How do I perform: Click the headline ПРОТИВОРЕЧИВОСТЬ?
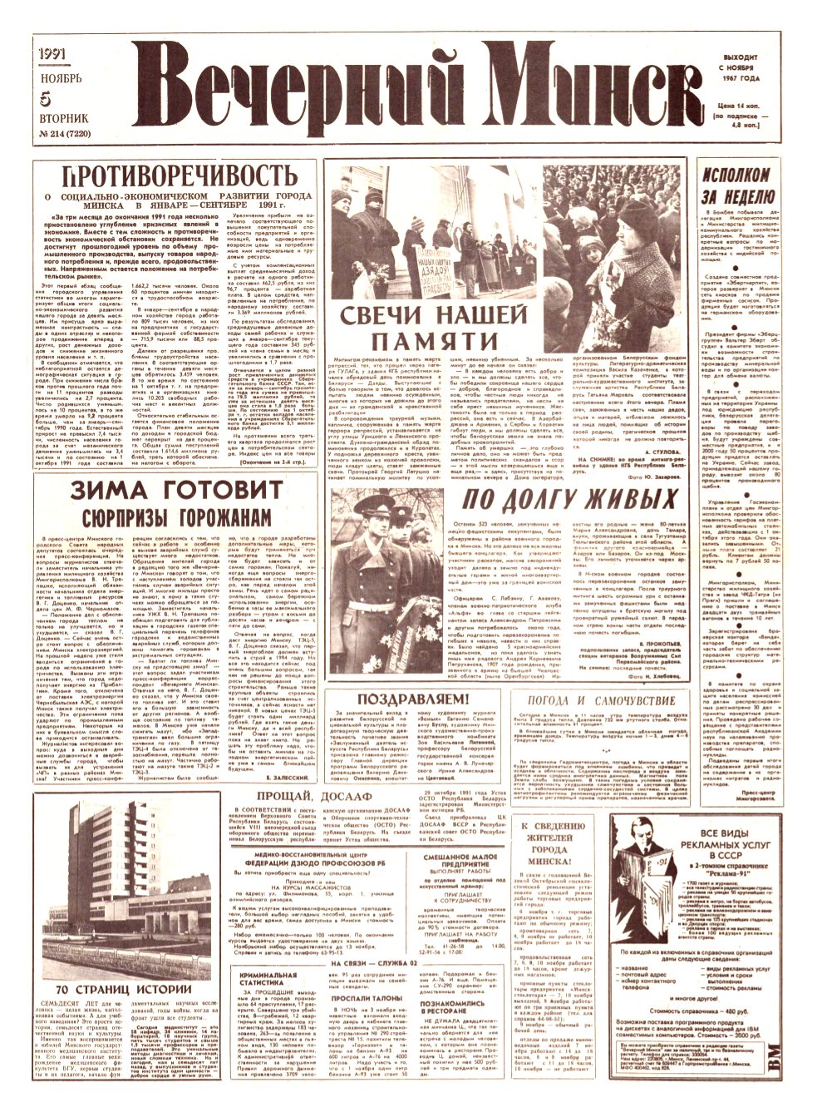pos(180,177)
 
